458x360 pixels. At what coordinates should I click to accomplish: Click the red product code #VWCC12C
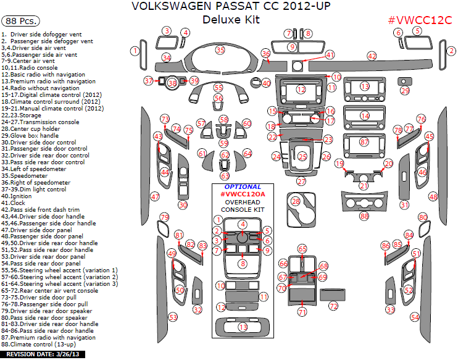coord(420,20)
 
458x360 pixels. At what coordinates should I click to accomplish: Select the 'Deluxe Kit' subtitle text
coord(231,20)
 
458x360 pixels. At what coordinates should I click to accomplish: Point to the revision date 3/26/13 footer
coord(42,355)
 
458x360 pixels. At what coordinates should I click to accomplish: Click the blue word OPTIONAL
coord(242,186)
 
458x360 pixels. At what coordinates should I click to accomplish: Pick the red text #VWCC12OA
coord(243,194)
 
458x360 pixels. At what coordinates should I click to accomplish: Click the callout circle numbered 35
coord(220,49)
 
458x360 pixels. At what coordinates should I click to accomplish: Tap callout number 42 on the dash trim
coord(372,56)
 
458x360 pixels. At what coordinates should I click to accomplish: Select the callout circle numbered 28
coord(296,201)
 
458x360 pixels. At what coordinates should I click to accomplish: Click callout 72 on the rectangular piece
coord(333,306)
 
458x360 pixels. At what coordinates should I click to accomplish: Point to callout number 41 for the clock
coord(330,55)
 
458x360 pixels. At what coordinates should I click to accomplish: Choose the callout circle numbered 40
coord(266,83)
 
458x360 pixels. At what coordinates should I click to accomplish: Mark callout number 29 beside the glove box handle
coord(404,91)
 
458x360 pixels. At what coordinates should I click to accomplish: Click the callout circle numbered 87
coord(364,142)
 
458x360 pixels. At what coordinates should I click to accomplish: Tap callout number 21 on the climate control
coord(364,186)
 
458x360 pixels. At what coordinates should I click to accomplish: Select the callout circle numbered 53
coord(173,317)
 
